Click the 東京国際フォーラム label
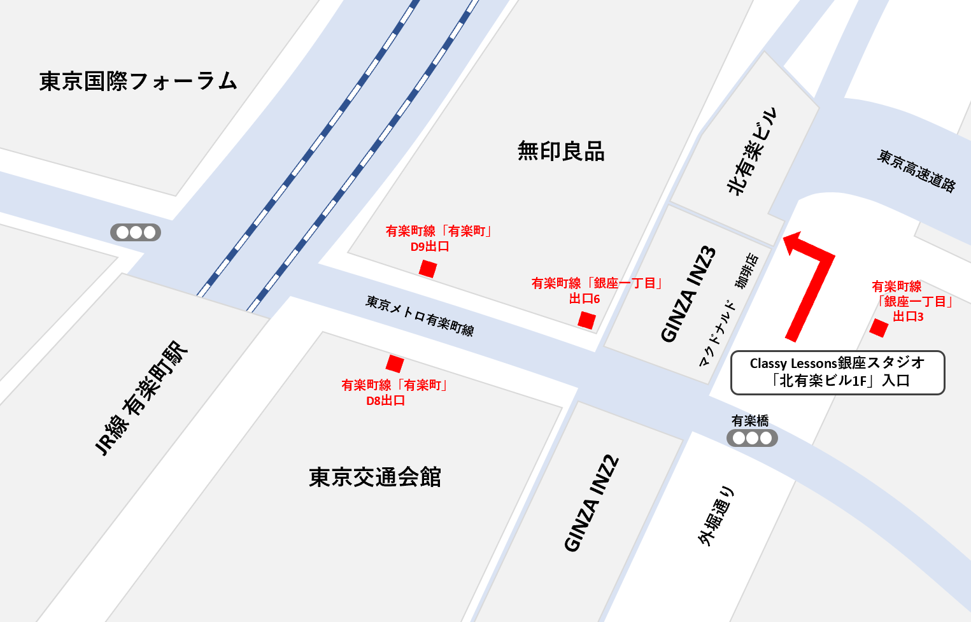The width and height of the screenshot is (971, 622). (138, 81)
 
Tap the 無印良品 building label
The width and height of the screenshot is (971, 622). (560, 152)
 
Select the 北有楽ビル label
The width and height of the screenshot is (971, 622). (751, 152)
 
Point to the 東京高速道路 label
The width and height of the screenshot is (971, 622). (917, 171)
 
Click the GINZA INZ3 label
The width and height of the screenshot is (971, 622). (688, 294)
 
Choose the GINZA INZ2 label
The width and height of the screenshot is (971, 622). (592, 503)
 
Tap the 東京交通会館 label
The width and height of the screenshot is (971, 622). (375, 477)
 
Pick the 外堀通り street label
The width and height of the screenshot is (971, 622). (716, 516)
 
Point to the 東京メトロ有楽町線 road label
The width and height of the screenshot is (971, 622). (420, 316)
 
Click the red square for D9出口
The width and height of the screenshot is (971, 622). (428, 269)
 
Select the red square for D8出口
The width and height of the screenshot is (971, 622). (395, 364)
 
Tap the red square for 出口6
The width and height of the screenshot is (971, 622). (586, 320)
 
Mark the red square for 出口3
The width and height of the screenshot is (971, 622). (879, 328)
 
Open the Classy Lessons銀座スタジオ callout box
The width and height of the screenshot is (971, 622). (837, 372)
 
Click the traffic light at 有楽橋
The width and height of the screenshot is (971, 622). (752, 438)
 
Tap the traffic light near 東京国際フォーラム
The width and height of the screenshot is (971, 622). (136, 232)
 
